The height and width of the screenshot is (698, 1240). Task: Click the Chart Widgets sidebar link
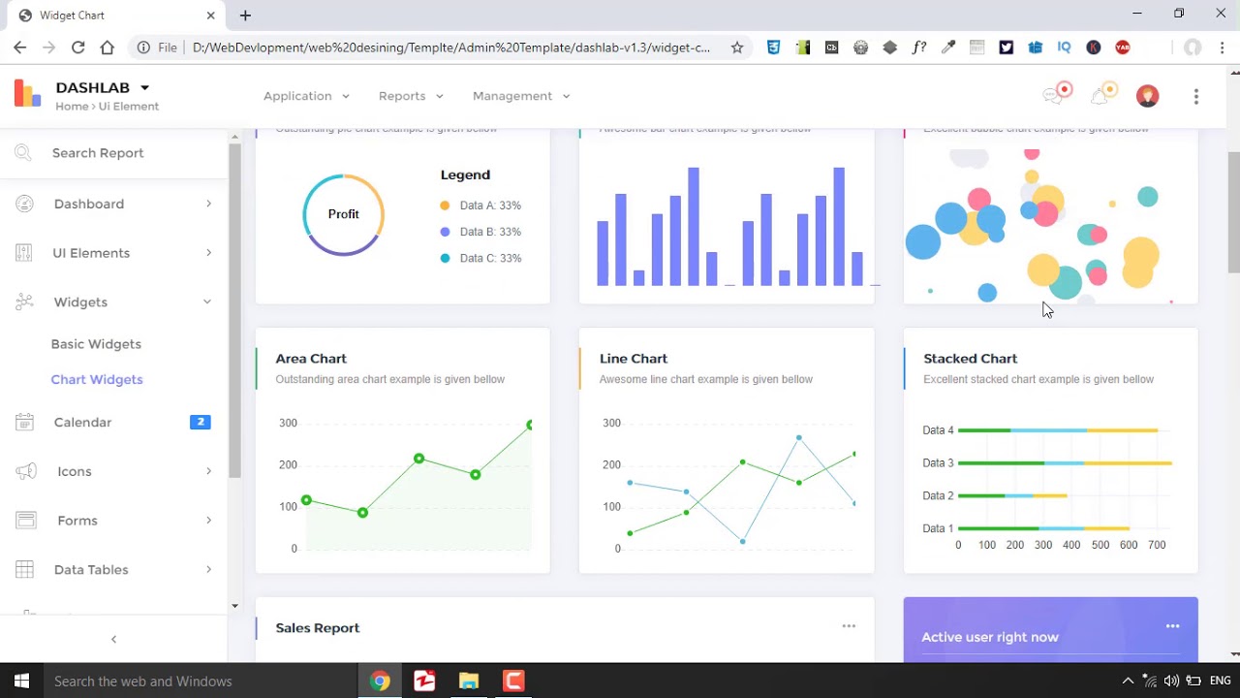coord(97,379)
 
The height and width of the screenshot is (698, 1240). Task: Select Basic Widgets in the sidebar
coord(96,344)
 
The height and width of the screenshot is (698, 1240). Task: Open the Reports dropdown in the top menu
coord(411,96)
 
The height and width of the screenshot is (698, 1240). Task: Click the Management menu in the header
coord(521,96)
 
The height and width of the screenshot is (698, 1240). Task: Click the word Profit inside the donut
coord(343,214)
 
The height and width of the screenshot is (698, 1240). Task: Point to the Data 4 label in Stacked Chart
coord(938,430)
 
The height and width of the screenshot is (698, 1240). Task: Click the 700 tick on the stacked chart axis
coord(1157,545)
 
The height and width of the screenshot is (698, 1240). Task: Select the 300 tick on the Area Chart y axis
coord(288,423)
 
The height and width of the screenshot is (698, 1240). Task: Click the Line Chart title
coord(634,359)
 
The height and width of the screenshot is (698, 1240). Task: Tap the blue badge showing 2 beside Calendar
coord(201,422)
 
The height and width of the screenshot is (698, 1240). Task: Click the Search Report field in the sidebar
coord(98,153)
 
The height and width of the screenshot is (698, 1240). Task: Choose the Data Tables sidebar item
coord(91,570)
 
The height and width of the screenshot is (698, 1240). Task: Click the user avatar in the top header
coord(1147,96)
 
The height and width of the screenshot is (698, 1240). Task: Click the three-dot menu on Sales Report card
coord(849,626)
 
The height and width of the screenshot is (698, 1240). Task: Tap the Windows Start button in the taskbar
coord(21,682)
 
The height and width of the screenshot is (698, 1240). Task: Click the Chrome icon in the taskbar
coord(380,682)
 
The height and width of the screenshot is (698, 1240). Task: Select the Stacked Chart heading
coord(970,359)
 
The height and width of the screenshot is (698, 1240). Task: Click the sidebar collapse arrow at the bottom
coord(113,639)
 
